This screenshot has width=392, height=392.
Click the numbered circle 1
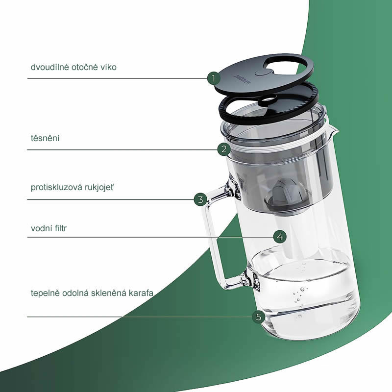[214, 78]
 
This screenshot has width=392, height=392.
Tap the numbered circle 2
[224, 149]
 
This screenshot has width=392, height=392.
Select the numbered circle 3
[200, 199]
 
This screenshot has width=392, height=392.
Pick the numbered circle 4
[280, 237]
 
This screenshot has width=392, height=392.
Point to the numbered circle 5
[259, 317]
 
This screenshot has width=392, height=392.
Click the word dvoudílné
[50, 67]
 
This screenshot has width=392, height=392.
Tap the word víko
[108, 67]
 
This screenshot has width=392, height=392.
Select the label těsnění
[45, 138]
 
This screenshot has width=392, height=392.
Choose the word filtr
[60, 228]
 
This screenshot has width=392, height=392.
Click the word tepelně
[45, 293]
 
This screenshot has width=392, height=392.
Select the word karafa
[141, 293]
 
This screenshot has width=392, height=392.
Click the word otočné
[85, 67]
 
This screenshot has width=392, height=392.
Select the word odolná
[75, 293]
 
